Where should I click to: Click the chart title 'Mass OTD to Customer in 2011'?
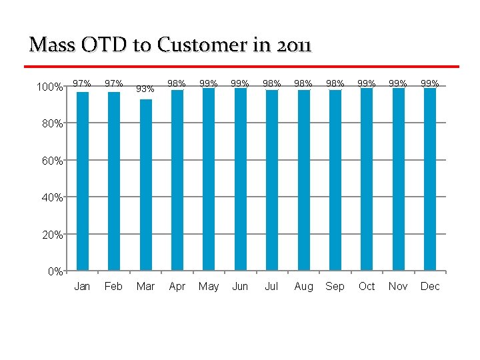pyautogui.click(x=170, y=45)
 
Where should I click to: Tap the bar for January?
pyautogui.click(x=83, y=181)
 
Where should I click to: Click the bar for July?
pyautogui.click(x=271, y=180)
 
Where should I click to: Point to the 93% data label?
pyautogui.click(x=145, y=89)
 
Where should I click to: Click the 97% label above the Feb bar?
pyautogui.click(x=114, y=83)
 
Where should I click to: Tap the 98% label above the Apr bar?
pyautogui.click(x=177, y=83)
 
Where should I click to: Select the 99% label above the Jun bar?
pyautogui.click(x=240, y=83)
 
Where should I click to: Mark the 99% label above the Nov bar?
pyautogui.click(x=398, y=83)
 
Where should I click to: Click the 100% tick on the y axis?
pyautogui.click(x=50, y=87)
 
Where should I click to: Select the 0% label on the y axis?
pyautogui.click(x=55, y=271)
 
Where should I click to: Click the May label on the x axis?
pyautogui.click(x=209, y=286)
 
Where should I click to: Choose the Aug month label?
pyautogui.click(x=303, y=286)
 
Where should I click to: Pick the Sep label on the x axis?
pyautogui.click(x=335, y=286)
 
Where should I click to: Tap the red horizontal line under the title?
pyautogui.click(x=241, y=67)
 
